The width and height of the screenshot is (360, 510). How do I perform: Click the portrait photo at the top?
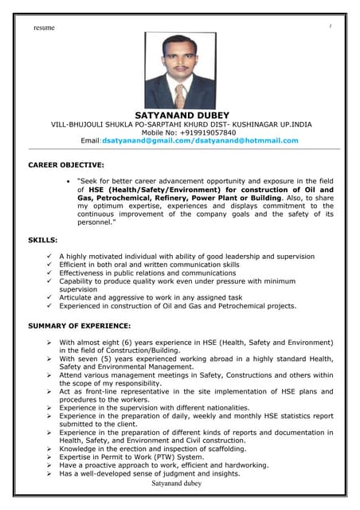click(180, 71)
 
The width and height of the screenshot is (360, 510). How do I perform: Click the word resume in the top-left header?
click(44, 28)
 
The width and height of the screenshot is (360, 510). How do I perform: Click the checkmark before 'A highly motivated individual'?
click(50, 257)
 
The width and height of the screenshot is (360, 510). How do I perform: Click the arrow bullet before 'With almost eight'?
click(50, 342)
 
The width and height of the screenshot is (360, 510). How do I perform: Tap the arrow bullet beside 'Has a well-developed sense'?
click(50, 473)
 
